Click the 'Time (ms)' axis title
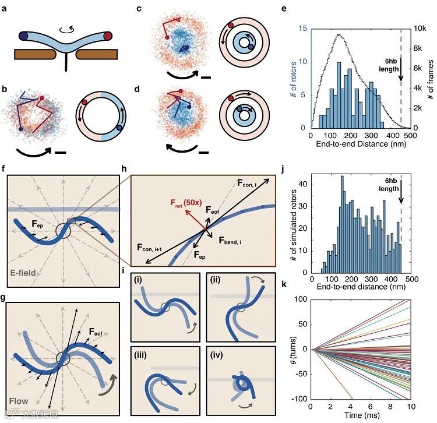pyautogui.click(x=365, y=418)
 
